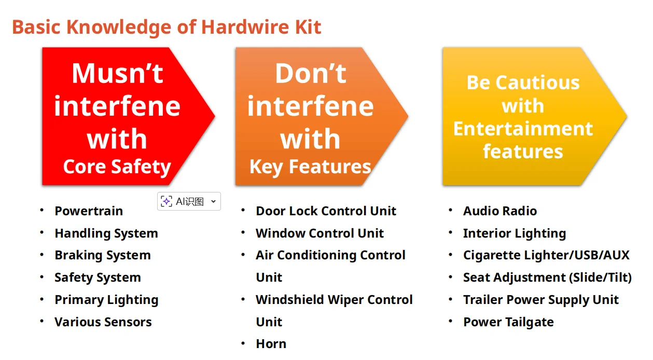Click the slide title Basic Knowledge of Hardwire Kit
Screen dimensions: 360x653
pyautogui.click(x=166, y=26)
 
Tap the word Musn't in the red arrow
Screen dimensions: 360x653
pyautogui.click(x=117, y=73)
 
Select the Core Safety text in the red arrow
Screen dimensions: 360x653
pyautogui.click(x=117, y=167)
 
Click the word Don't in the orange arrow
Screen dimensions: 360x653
pyautogui.click(x=310, y=73)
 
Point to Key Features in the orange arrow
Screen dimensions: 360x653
pyautogui.click(x=310, y=167)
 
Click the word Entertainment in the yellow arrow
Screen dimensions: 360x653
pyautogui.click(x=523, y=129)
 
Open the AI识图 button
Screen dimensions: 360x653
pyautogui.click(x=189, y=201)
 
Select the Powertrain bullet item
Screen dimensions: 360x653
pyautogui.click(x=89, y=211)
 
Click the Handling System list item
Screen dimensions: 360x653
pyautogui.click(x=106, y=233)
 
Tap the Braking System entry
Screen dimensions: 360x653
pyautogui.click(x=102, y=255)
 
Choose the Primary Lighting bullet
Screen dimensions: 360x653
pyautogui.click(x=106, y=300)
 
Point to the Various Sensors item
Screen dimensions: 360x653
pyautogui.click(x=103, y=322)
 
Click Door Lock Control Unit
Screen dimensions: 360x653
pyautogui.click(x=326, y=211)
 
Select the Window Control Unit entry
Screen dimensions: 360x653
pyautogui.click(x=319, y=233)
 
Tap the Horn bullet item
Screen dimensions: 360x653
pyautogui.click(x=271, y=344)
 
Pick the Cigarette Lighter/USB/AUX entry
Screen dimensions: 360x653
pyautogui.click(x=546, y=255)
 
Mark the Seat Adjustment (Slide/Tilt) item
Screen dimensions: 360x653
pyautogui.click(x=547, y=278)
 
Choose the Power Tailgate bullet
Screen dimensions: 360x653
pyautogui.click(x=508, y=322)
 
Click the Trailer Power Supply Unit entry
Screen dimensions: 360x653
pyautogui.click(x=540, y=300)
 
